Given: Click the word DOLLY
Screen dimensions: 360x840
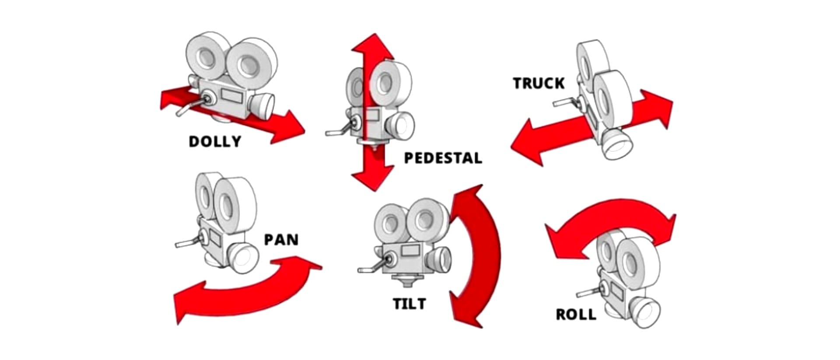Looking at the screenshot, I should click(x=215, y=141).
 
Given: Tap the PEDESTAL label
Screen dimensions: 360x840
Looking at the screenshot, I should click(x=443, y=158).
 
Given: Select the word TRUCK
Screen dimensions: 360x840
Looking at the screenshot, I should click(x=539, y=83).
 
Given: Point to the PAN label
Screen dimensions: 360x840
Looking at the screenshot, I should click(x=281, y=240).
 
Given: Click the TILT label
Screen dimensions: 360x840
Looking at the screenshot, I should click(x=409, y=304).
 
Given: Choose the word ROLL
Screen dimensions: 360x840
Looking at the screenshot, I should click(x=576, y=315).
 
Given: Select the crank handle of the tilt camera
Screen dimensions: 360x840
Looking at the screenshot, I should click(x=372, y=268).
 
